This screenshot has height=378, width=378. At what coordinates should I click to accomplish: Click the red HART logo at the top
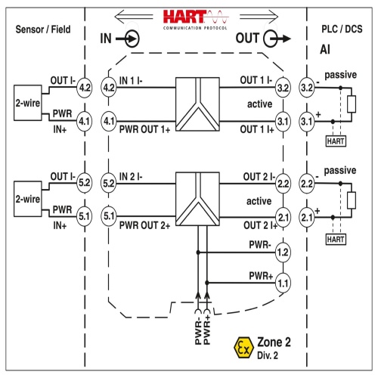click(x=196, y=20)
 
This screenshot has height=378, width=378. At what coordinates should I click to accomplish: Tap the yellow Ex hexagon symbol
click(x=243, y=348)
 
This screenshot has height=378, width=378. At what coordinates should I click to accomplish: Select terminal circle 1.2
click(x=283, y=253)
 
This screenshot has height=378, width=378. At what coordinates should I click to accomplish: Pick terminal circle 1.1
click(x=283, y=283)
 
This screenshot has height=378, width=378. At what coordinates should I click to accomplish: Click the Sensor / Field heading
click(x=43, y=29)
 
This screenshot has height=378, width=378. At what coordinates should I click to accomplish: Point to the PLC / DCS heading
click(x=342, y=29)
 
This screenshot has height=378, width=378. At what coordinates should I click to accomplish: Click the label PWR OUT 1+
click(x=144, y=129)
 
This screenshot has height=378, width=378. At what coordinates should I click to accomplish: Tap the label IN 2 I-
click(x=131, y=177)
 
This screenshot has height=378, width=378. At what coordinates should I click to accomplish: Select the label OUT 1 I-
click(x=256, y=80)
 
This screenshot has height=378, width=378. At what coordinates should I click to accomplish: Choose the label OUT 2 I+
click(x=260, y=225)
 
